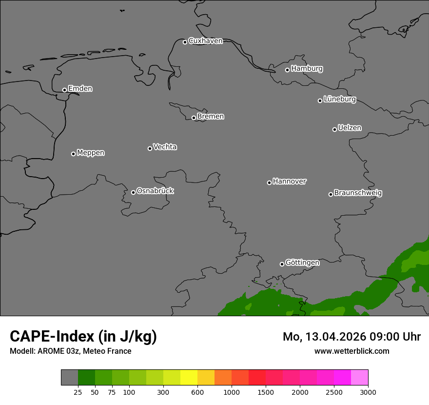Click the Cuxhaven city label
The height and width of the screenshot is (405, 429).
click(205, 41)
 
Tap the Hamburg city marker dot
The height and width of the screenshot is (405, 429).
click(288, 70)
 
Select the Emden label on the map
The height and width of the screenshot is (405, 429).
click(80, 89)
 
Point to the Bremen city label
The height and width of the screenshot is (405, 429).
click(211, 117)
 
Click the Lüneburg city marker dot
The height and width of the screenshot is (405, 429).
click(320, 101)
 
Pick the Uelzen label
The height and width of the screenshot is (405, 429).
click(350, 128)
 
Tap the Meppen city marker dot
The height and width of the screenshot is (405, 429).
click(74, 154)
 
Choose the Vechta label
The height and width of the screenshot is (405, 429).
click(165, 147)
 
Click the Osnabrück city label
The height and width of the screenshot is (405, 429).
click(155, 191)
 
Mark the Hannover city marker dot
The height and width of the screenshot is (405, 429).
click(269, 182)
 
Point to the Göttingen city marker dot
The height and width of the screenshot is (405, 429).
click(282, 264)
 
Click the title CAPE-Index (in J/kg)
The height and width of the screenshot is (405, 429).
click(83, 336)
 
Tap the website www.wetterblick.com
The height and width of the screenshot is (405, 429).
click(351, 351)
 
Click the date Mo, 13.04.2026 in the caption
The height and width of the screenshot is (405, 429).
click(324, 337)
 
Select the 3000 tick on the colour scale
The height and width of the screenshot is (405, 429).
click(368, 392)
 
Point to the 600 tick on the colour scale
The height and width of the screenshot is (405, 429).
click(197, 392)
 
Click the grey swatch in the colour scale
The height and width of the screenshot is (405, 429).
click(69, 377)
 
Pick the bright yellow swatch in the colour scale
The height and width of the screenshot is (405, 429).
click(189, 377)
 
